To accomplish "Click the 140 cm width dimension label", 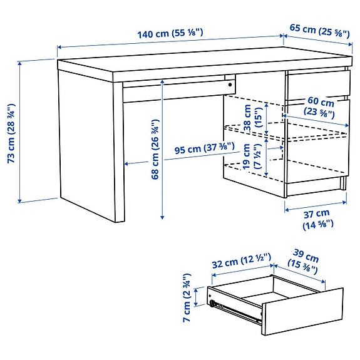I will [x=170, y=33].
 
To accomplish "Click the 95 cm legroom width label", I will [x=204, y=149].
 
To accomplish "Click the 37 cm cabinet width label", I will [x=319, y=219].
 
